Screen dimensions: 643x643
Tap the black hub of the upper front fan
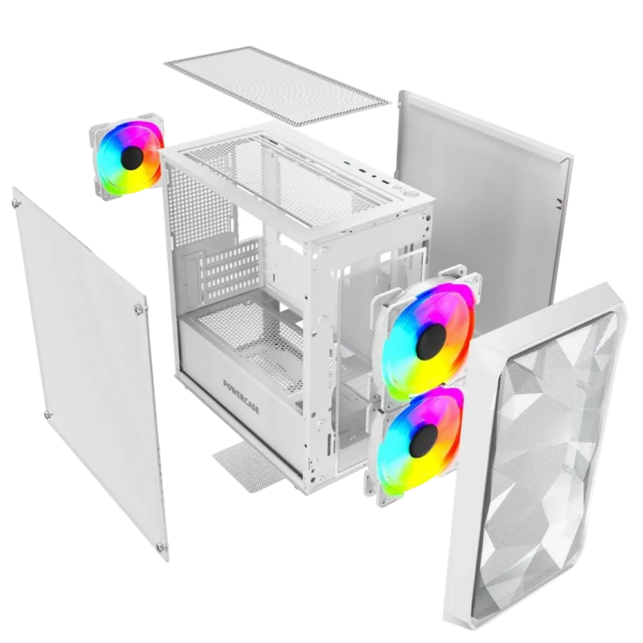click(x=431, y=341)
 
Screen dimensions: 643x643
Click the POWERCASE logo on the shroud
click(x=241, y=396)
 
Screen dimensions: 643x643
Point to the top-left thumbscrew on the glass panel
click(x=17, y=203)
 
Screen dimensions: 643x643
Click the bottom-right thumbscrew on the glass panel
click(x=160, y=547)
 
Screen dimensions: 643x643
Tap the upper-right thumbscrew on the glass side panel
click(x=140, y=309)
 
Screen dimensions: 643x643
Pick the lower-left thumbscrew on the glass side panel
click(x=48, y=415)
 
